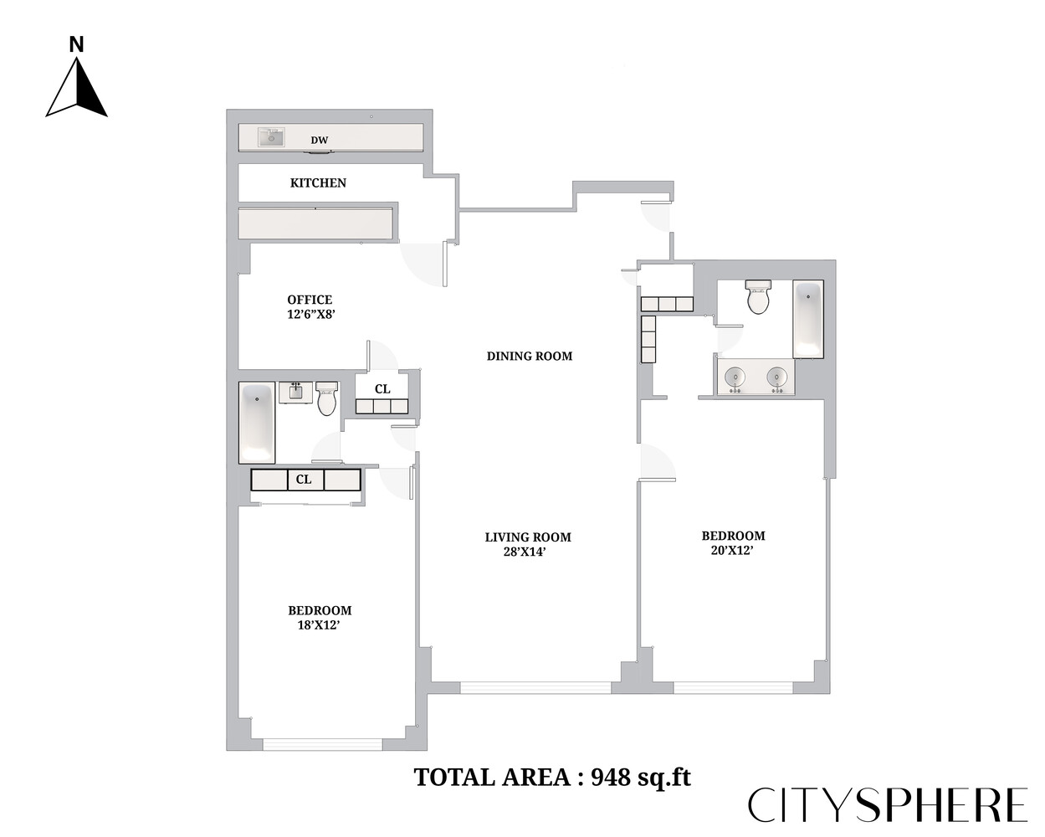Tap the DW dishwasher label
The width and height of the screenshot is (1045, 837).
[x=320, y=141]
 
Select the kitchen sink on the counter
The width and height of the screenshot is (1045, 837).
[x=271, y=136]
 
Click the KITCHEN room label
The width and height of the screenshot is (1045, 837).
[x=318, y=182]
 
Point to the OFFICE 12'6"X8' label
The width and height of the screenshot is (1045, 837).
[x=310, y=307]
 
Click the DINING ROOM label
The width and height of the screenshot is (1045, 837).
[x=530, y=356]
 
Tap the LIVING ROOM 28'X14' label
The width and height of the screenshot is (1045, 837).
[x=528, y=544]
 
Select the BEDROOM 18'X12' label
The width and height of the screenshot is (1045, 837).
[x=320, y=618]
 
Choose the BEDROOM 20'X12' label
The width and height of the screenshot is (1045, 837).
[x=733, y=542]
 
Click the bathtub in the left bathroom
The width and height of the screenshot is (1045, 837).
[x=257, y=423]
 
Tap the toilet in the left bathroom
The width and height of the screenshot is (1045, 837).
[x=326, y=399]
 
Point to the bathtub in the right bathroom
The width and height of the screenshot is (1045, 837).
[x=808, y=319]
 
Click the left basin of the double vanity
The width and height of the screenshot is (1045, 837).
[x=735, y=377]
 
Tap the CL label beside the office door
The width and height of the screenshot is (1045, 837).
[x=382, y=389]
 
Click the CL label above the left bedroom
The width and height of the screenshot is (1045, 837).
[x=304, y=480]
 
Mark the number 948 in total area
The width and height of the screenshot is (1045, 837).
[x=611, y=778]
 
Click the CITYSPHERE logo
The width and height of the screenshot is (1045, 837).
[x=887, y=805]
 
